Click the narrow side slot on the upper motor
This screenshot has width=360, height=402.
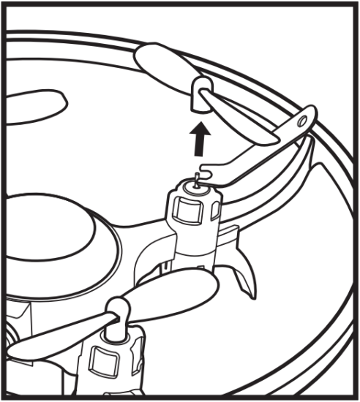pyautogui.click(x=214, y=211)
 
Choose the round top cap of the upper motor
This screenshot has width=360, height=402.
pyautogui.click(x=195, y=192)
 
